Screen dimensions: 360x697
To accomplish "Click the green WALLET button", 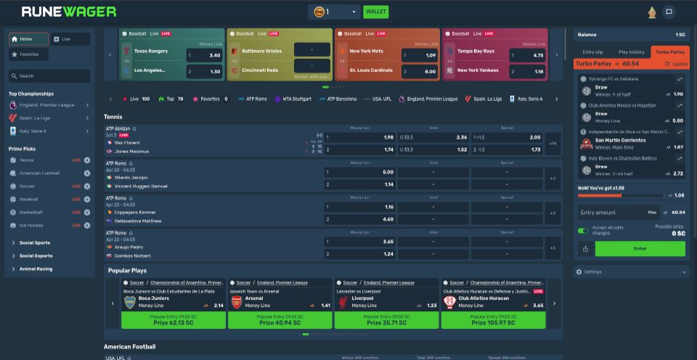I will (x=375, y=12).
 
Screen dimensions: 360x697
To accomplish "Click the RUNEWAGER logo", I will (x=69, y=12).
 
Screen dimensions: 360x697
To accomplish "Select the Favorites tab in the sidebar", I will (x=29, y=54).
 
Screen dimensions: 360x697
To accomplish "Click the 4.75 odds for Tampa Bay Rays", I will (x=527, y=55).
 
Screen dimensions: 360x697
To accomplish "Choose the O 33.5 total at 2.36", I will (x=433, y=137).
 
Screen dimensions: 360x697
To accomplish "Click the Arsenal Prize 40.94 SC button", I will (x=279, y=320).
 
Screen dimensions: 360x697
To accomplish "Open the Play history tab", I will (x=631, y=52).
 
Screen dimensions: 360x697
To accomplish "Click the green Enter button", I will (x=640, y=249).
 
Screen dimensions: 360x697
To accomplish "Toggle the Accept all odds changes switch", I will (x=583, y=231).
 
